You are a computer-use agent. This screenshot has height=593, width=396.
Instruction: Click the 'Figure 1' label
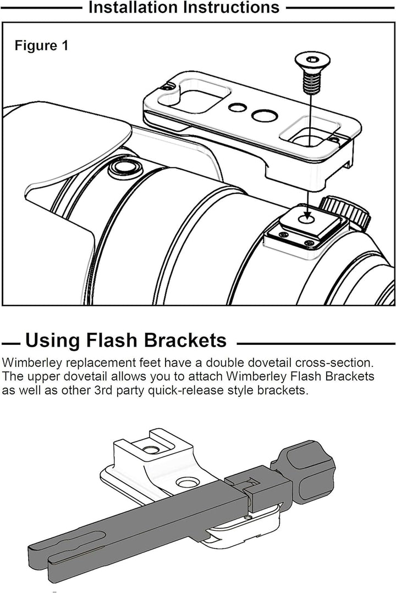[42, 46]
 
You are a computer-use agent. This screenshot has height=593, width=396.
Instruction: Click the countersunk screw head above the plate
[312, 62]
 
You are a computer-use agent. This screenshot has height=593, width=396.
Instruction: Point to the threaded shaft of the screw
[311, 82]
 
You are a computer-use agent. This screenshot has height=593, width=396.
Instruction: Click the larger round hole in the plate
[265, 116]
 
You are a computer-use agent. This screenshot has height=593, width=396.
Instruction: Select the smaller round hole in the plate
[238, 108]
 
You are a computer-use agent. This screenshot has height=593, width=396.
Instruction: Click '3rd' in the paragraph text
[103, 390]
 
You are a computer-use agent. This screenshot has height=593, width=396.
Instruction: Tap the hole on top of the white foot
[151, 450]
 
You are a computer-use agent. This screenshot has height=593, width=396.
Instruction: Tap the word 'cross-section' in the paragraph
[334, 362]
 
